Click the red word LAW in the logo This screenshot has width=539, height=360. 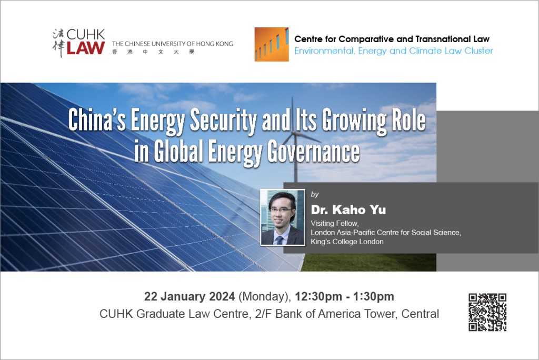(86, 48)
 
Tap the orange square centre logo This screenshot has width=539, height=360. (272, 44)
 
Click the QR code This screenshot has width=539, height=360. (487, 312)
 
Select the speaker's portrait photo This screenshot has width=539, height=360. (283, 217)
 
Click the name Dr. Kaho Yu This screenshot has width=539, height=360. (348, 210)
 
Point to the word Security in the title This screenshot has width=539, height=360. (223, 120)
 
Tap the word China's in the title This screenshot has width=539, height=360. (97, 120)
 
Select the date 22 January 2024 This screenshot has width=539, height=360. (189, 296)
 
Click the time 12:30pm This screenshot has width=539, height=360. (318, 296)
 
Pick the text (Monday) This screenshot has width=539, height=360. (265, 297)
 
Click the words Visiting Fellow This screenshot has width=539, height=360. (334, 224)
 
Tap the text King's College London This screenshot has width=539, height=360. (347, 242)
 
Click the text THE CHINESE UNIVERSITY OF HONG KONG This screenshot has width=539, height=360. (173, 44)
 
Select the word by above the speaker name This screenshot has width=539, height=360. (315, 195)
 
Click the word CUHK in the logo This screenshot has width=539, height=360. (86, 34)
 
